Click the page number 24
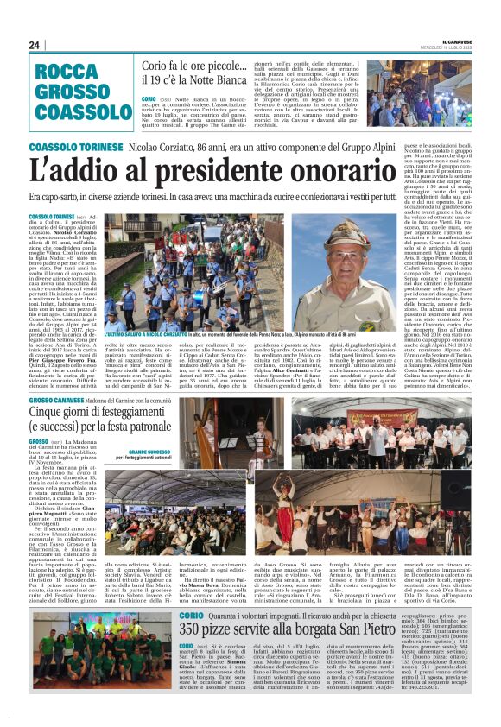(35, 45)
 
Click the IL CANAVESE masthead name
(459, 40)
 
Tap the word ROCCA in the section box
(71, 74)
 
